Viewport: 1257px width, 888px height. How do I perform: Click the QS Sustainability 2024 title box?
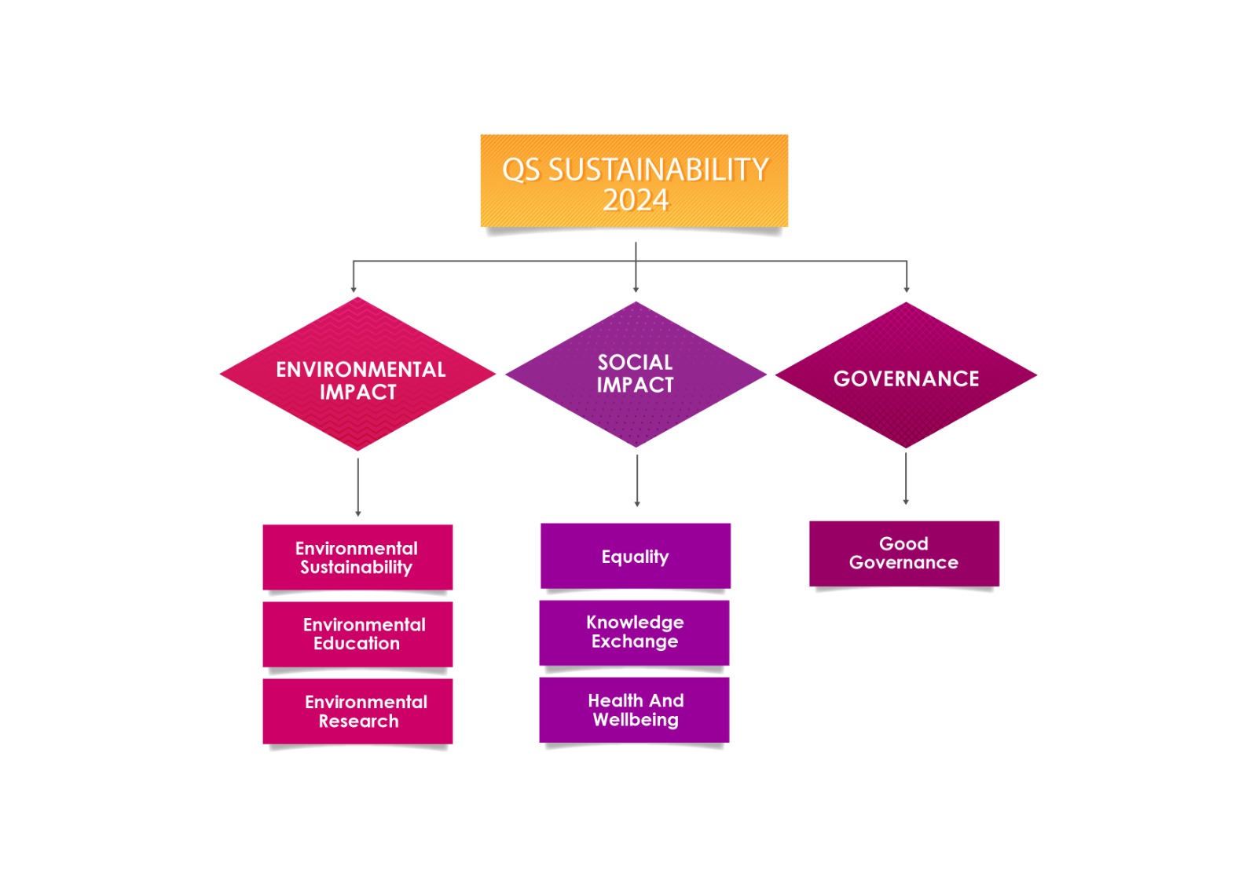tap(634, 181)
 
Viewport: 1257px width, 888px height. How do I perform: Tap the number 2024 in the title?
tap(636, 200)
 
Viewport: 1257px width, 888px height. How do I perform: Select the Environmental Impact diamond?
tap(358, 375)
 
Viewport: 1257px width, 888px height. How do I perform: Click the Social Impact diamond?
tap(636, 375)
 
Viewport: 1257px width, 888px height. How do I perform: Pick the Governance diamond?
tap(906, 376)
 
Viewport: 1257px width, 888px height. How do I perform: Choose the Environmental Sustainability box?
tap(357, 557)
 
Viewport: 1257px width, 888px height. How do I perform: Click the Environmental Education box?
tap(357, 634)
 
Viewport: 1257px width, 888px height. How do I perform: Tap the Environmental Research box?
tap(357, 711)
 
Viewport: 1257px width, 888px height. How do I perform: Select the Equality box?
tap(636, 556)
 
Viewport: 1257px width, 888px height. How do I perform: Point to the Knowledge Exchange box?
tap(635, 633)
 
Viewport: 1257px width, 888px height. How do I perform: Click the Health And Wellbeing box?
tap(635, 710)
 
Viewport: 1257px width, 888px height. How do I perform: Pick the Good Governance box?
tap(904, 554)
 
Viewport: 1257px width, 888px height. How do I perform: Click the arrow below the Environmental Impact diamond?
tap(358, 487)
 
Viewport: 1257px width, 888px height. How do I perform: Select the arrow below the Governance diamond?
tap(906, 478)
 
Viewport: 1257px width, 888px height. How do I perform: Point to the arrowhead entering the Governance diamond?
tap(907, 288)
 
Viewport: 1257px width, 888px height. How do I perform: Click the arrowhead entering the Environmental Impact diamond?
tap(354, 288)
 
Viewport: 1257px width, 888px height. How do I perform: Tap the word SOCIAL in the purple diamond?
tap(635, 363)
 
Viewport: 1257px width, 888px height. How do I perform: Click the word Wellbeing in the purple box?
tap(636, 720)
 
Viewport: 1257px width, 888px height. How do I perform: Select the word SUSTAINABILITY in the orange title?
tap(658, 170)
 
